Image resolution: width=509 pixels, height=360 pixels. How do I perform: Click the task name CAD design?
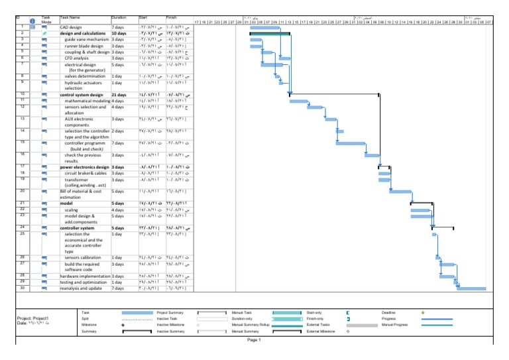point(72,27)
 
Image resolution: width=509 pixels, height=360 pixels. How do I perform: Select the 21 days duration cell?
point(119,95)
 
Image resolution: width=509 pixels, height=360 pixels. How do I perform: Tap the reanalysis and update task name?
point(81,288)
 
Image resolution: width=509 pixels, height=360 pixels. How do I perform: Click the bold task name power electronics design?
point(84,167)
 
